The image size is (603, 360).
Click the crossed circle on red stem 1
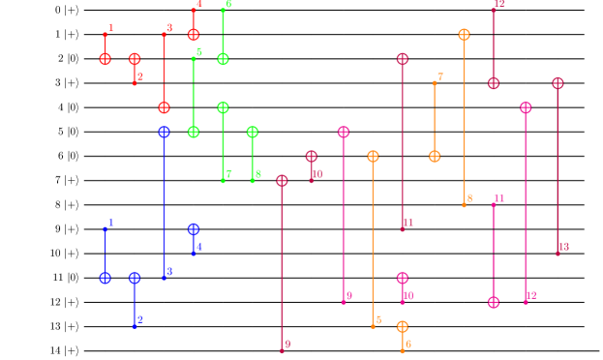pos(106,59)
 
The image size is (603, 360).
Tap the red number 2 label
pos(140,76)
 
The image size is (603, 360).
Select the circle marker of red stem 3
pos(164,107)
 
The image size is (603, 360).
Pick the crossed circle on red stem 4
pos(194,35)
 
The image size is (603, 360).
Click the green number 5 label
pos(199,52)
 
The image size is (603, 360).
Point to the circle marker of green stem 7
pos(223,107)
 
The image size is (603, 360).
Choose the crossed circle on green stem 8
pos(252,132)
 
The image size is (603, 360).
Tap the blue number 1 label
pos(111,223)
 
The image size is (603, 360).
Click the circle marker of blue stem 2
pos(135,278)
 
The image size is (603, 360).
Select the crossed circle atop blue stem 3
pos(164,132)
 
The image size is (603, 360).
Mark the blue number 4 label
pos(199,247)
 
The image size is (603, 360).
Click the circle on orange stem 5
pos(373,156)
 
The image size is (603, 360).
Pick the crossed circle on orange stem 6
pos(402,326)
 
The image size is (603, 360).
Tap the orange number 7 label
pos(440,77)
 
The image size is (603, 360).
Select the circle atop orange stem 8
pos(464,35)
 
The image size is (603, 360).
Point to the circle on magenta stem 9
pos(343,132)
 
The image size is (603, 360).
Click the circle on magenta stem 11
pos(493,302)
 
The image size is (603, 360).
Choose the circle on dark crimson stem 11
pos(402,59)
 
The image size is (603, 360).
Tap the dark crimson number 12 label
pos(499,4)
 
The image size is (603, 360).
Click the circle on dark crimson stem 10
pos(311,156)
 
